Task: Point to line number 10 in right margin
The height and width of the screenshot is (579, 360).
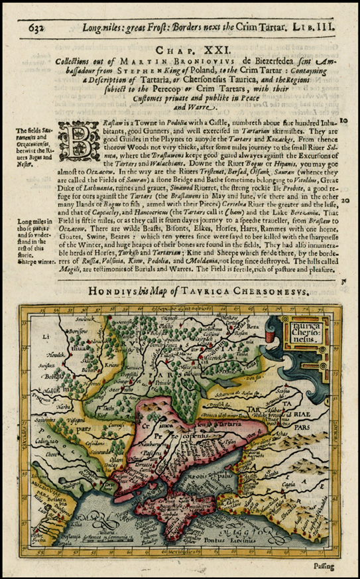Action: pyautogui.click(x=344, y=122)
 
